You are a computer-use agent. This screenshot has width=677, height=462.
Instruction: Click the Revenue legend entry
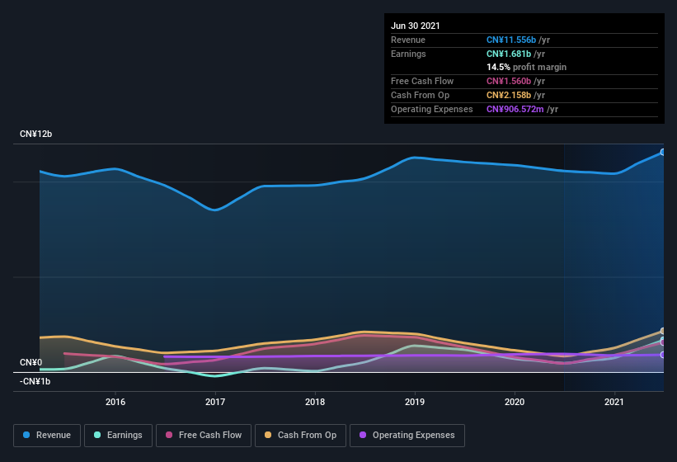[x=48, y=435]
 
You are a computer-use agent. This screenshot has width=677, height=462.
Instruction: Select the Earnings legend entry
[x=118, y=435]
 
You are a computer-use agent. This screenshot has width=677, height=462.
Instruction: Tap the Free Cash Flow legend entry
[x=204, y=435]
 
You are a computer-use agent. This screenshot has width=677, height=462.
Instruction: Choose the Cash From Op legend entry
[x=300, y=435]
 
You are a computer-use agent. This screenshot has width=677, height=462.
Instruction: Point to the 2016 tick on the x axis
[x=115, y=402]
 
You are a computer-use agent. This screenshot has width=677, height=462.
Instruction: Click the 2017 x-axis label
[x=215, y=402]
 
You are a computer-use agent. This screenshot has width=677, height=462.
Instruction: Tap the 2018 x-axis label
[x=315, y=402]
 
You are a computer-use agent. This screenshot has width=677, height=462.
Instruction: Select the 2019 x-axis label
[x=415, y=402]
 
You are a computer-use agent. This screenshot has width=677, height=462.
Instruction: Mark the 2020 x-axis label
[x=515, y=402]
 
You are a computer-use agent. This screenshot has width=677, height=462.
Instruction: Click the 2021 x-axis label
[x=614, y=402]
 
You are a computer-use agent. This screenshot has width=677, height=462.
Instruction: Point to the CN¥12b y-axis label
[x=36, y=134]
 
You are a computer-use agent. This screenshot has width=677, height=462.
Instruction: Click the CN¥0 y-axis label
[x=31, y=362]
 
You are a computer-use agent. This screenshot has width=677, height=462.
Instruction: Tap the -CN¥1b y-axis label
[x=35, y=381]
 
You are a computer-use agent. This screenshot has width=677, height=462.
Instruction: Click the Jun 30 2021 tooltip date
[x=416, y=26]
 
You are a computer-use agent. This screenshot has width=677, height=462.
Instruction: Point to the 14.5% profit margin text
[x=526, y=67]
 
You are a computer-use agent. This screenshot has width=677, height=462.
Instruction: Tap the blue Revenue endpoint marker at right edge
[x=663, y=152]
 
